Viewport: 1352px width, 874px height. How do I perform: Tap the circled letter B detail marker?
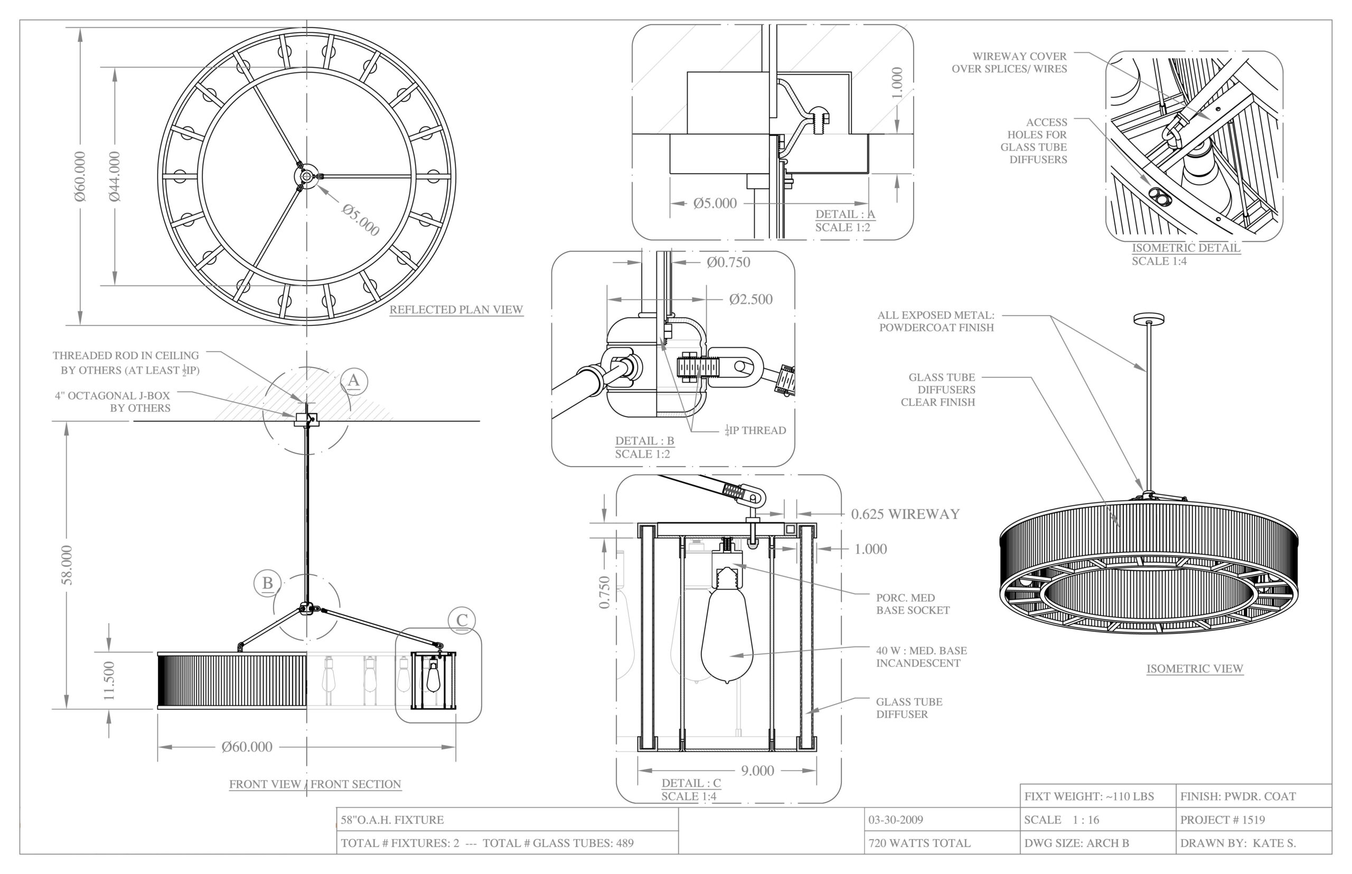point(267,583)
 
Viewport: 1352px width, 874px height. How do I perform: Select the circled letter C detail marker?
point(462,620)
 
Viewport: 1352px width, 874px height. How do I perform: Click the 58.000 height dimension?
point(67,564)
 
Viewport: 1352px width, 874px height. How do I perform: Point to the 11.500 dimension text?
point(109,680)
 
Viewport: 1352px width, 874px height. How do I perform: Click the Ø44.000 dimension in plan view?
point(115,176)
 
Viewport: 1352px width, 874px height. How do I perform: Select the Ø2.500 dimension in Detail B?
point(750,300)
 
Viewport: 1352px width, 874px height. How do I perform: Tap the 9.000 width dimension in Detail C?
point(757,771)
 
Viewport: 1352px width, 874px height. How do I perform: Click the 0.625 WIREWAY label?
point(905,514)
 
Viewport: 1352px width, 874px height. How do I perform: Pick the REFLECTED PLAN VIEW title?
point(456,310)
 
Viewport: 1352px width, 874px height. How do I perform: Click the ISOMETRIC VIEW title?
point(1195,669)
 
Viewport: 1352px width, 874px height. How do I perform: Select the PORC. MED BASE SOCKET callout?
point(913,604)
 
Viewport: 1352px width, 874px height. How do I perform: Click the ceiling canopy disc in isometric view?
point(1149,318)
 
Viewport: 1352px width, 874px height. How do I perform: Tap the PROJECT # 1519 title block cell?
point(1222,820)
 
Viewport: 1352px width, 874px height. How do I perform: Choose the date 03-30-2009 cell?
point(896,820)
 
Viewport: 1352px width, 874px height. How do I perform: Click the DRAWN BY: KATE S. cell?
point(1238,843)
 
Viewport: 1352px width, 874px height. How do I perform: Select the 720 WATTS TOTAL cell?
point(919,843)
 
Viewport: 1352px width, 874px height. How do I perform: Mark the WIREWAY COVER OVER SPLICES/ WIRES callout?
point(1009,62)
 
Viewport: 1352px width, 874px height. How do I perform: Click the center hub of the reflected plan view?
point(307,176)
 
